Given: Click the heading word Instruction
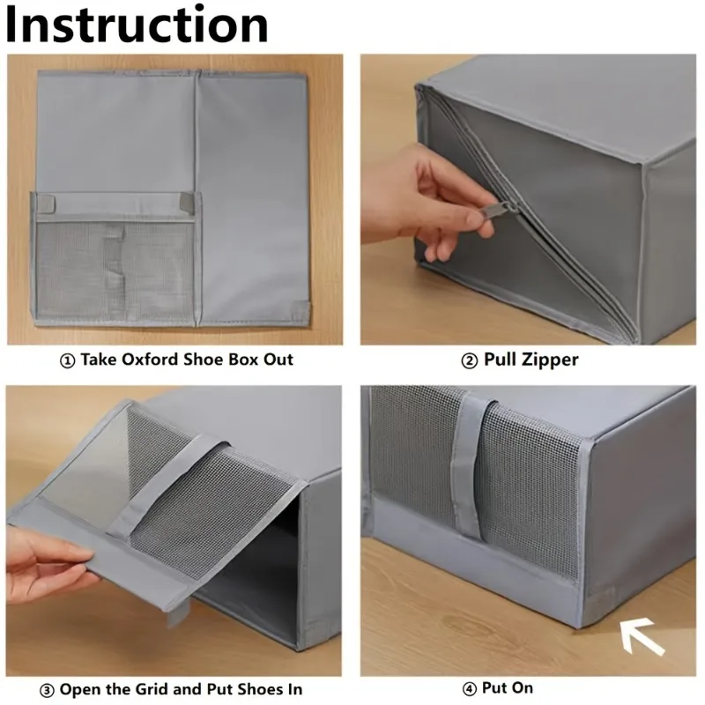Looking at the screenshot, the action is tap(137, 25).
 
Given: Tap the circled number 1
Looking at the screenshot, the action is tap(68, 360).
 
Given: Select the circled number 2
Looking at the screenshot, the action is tap(470, 360).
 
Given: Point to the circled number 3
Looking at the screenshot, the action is tap(48, 690).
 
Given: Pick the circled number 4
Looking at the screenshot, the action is tap(470, 689).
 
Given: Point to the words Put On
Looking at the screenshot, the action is tap(508, 688).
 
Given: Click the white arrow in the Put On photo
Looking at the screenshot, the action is tap(642, 636).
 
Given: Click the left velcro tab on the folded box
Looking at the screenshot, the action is tap(45, 203).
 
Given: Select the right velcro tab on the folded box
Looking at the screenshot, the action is tap(187, 201).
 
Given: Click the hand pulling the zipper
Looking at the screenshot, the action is tap(427, 200).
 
